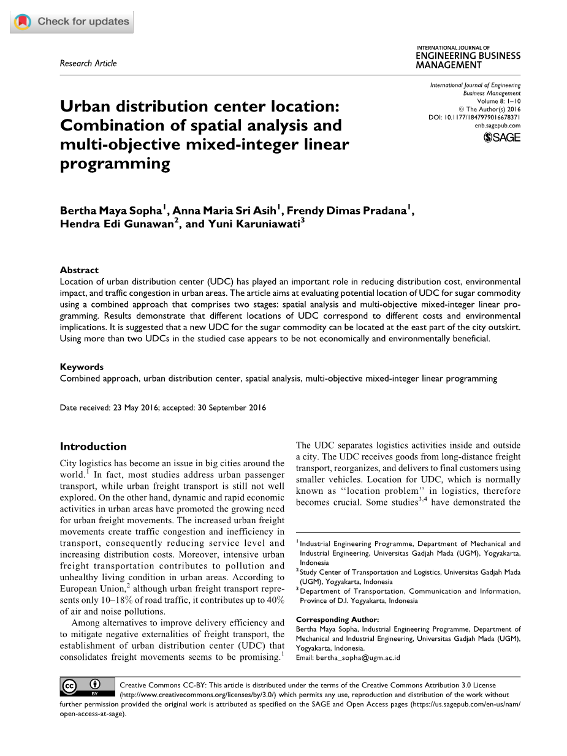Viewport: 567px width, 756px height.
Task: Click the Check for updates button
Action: [x=72, y=21]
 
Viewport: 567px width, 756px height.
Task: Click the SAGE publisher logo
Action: [x=502, y=137]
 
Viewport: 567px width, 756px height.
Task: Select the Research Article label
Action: [x=88, y=63]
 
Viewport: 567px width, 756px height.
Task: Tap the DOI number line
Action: [x=474, y=117]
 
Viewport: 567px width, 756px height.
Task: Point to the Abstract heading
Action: [x=79, y=270]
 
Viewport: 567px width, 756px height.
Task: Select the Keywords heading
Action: [x=82, y=366]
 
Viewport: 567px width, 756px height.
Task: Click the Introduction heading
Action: [x=93, y=446]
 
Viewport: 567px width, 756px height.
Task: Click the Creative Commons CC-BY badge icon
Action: [x=87, y=687]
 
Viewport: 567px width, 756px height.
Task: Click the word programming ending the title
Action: [x=115, y=164]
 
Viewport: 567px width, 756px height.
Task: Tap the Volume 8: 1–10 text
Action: [x=498, y=101]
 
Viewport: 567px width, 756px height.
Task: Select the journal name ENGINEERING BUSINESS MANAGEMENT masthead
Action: [x=468, y=59]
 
